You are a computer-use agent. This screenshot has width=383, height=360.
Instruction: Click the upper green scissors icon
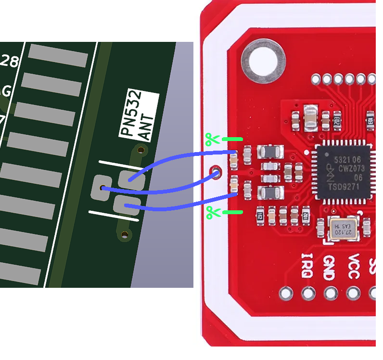pos(212,140)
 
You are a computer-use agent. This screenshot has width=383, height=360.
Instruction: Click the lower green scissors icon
pos(212,212)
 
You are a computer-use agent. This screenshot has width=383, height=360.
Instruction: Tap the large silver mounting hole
pos(264,62)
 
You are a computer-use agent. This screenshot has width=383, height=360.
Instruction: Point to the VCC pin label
pos(353,266)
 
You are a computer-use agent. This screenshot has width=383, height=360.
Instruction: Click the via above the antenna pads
pos(140,150)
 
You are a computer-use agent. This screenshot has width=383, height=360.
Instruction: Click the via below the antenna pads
pos(125,235)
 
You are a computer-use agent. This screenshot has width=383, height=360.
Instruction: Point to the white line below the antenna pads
pos(114,216)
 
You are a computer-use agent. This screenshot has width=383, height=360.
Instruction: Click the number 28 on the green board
pos(10,61)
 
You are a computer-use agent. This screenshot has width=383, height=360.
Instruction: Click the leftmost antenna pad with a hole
pos(102,187)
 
